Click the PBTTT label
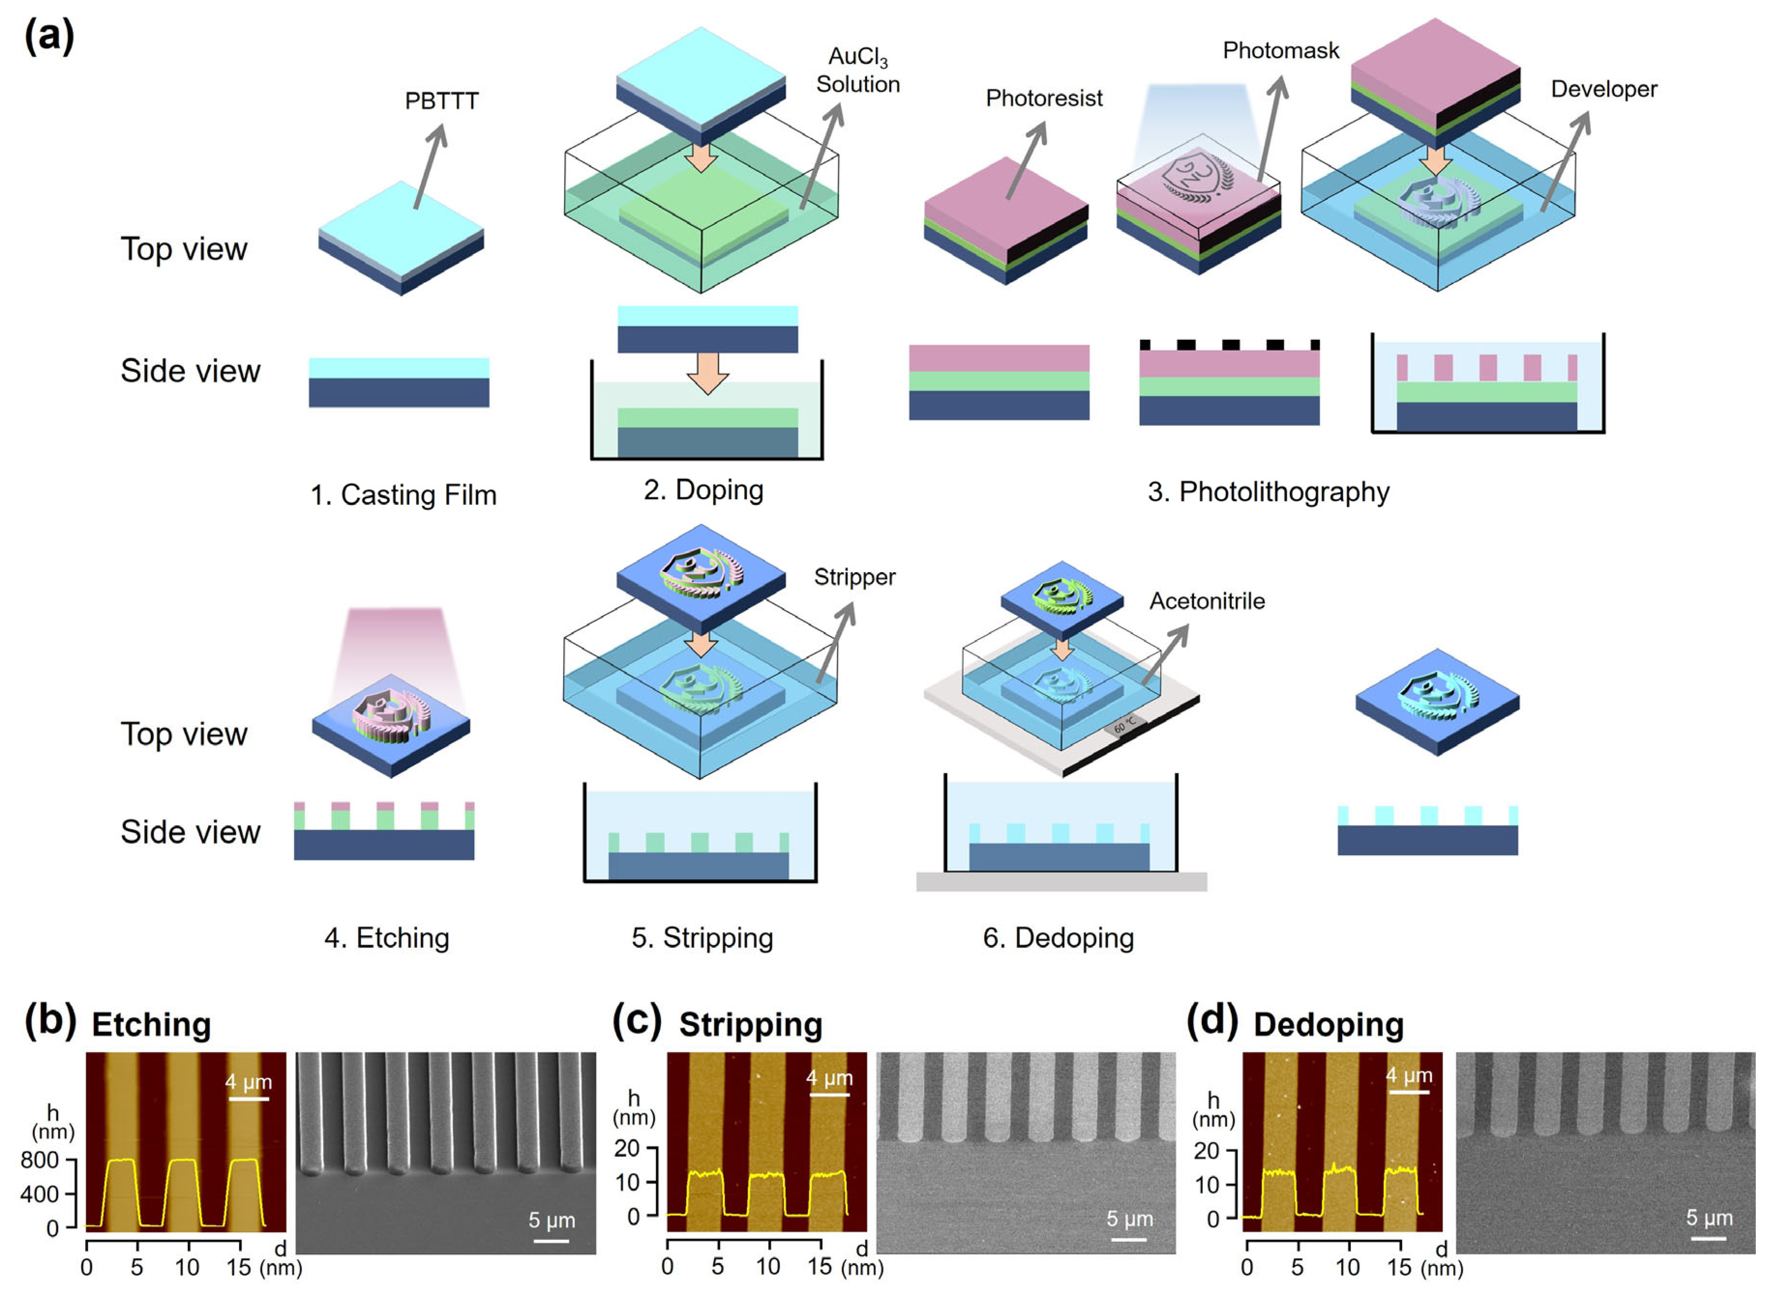tap(441, 101)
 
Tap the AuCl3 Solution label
tap(858, 71)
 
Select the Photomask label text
tap(1281, 51)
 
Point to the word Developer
tap(1603, 90)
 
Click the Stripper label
tap(854, 577)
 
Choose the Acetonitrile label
tap(1207, 602)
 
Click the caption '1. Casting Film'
tap(403, 495)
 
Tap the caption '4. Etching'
tap(387, 938)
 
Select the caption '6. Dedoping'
tap(1059, 938)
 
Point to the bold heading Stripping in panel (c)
tap(750, 1025)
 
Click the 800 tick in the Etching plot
tap(39, 1160)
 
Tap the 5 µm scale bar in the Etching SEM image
tap(551, 1241)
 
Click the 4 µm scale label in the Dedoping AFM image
tap(1409, 1075)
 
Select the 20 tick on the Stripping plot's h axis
tap(627, 1148)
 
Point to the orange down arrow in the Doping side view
tap(707, 373)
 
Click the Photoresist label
tap(1044, 99)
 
